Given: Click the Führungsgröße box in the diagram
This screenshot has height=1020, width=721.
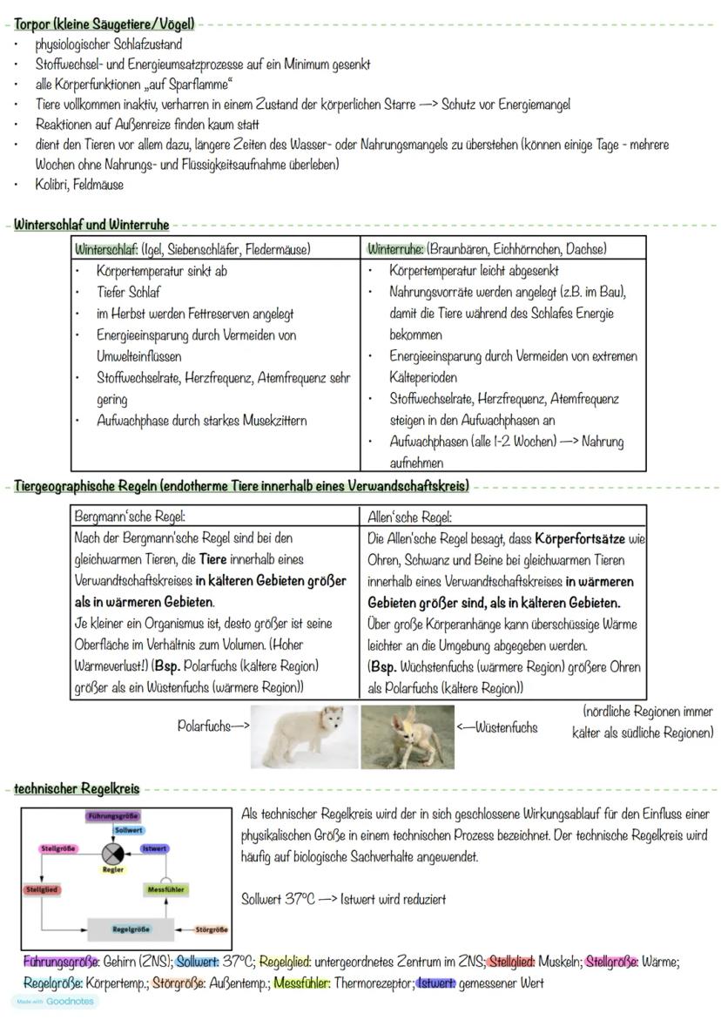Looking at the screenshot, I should point(114,816).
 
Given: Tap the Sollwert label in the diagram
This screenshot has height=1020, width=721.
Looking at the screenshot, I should point(129,831).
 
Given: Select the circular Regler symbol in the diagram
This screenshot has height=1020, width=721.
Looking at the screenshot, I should point(113,853).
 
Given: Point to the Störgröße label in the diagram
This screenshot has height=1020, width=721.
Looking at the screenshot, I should point(212,929).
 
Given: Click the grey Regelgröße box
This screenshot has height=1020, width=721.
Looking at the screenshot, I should point(130,929).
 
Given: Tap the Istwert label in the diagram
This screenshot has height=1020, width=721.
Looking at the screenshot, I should point(155,848).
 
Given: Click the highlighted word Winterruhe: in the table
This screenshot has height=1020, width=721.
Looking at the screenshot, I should point(395,249).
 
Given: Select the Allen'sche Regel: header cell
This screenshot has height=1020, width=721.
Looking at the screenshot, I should point(410,517).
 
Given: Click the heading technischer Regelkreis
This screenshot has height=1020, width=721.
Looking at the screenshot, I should point(77,789).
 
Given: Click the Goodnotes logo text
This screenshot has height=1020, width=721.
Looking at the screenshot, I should point(69,1002).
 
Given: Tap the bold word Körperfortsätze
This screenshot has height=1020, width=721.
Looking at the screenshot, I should point(579,539).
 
